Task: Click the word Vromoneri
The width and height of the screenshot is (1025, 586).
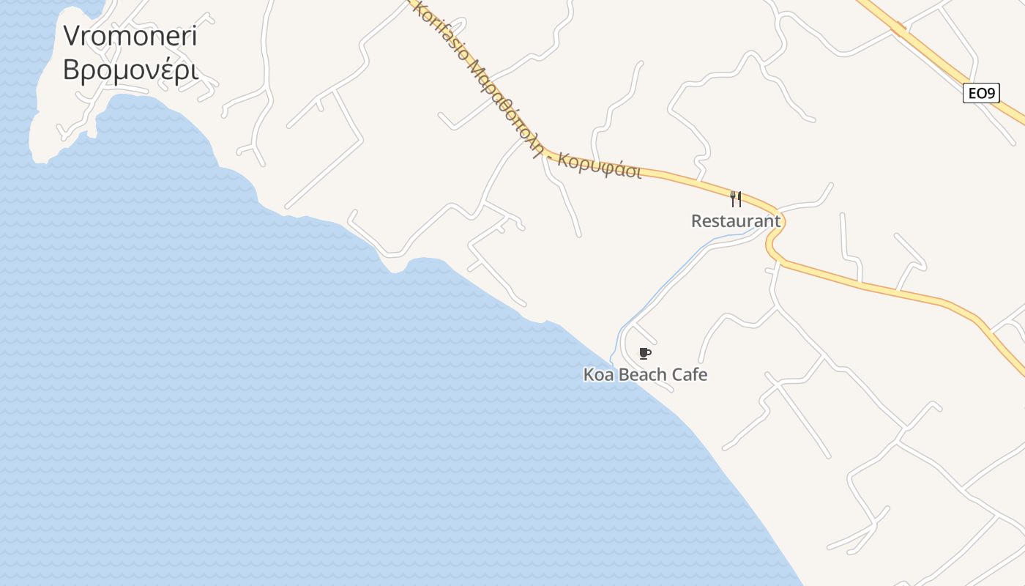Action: click(x=130, y=35)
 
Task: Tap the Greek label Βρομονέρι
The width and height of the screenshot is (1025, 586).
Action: click(x=130, y=70)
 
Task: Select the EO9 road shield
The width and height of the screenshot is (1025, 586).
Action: click(x=981, y=93)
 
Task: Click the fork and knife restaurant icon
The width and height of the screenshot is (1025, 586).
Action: click(x=736, y=199)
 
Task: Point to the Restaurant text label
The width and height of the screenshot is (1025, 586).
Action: click(x=736, y=220)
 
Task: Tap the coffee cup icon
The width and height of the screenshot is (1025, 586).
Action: click(x=644, y=354)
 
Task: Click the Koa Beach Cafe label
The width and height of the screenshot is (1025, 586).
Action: click(x=645, y=375)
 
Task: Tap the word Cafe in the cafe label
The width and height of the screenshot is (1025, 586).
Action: click(x=690, y=375)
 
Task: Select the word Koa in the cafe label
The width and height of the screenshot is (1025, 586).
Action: click(x=599, y=375)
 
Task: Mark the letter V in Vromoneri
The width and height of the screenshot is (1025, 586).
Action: click(x=71, y=35)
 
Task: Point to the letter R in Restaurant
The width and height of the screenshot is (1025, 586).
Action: click(x=697, y=220)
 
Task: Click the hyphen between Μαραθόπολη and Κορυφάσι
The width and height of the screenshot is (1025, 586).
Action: click(x=551, y=155)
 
